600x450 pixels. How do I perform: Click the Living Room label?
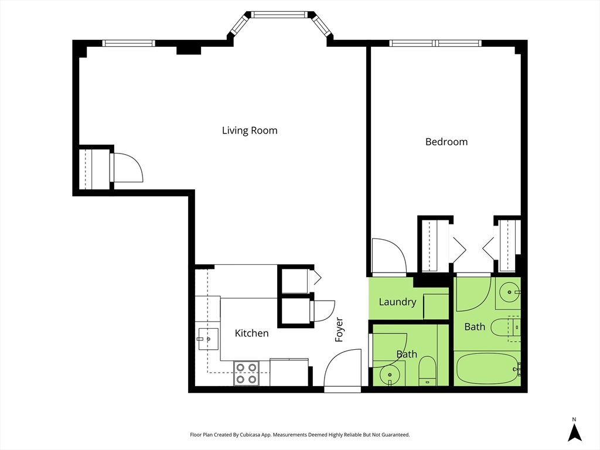(x=250, y=131)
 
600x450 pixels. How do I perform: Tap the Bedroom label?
(x=446, y=142)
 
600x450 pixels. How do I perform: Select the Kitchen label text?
(x=251, y=333)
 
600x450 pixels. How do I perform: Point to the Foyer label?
(x=339, y=329)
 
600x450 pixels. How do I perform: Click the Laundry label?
(x=397, y=302)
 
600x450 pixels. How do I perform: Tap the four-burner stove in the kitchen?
(x=246, y=373)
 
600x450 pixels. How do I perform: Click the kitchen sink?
(x=207, y=339)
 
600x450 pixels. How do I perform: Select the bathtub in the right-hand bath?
(x=487, y=369)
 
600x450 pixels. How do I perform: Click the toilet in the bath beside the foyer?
(x=427, y=371)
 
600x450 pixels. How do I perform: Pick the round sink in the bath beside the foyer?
(x=390, y=374)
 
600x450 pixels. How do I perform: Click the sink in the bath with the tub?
(x=509, y=292)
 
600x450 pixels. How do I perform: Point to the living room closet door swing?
(x=127, y=168)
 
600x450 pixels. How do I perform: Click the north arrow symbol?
(x=574, y=430)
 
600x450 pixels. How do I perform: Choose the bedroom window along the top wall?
(x=435, y=43)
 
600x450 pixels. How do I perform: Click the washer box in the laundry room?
(x=436, y=306)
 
